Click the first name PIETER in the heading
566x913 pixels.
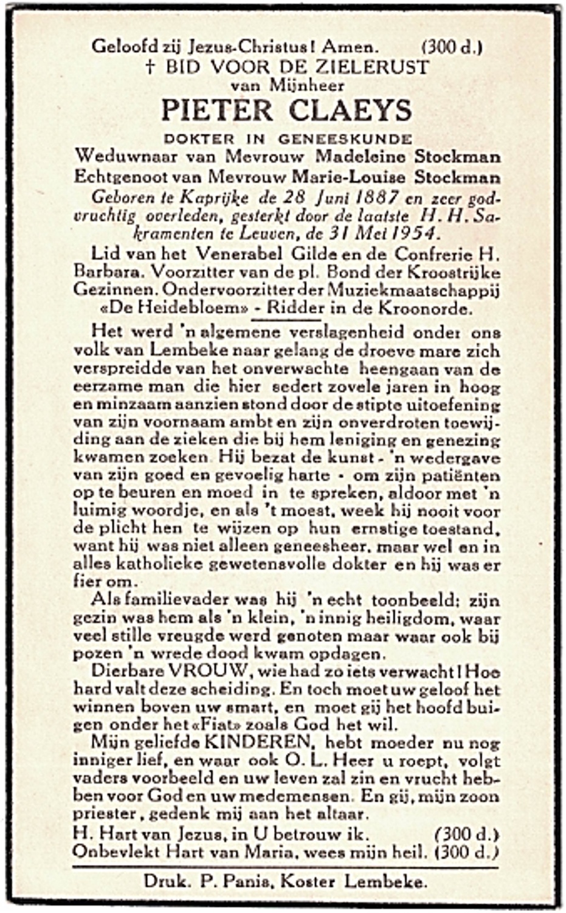pos(217,111)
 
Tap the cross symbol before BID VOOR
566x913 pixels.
pos(151,67)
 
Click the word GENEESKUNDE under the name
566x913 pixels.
pos(345,139)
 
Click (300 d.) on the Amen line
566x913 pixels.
pos(452,47)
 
